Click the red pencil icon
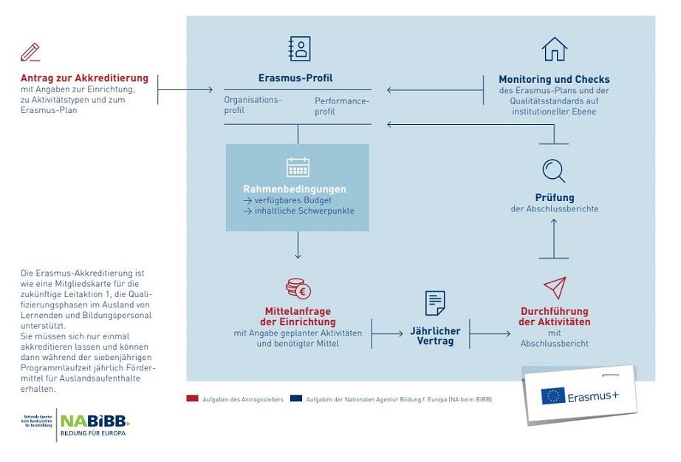(31, 52)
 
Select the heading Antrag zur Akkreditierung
(84, 78)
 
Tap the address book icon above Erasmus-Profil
(299, 49)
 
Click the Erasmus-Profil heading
(295, 78)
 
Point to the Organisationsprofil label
(253, 105)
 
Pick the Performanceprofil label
(341, 106)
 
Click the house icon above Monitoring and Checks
(554, 50)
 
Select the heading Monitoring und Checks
(554, 79)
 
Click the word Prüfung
(555, 197)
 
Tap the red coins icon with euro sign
(298, 288)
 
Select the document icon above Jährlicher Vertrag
(435, 303)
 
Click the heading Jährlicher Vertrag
(435, 336)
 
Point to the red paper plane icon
(554, 288)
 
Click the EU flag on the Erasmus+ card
(553, 395)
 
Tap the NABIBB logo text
(94, 421)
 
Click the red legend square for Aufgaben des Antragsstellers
(192, 398)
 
